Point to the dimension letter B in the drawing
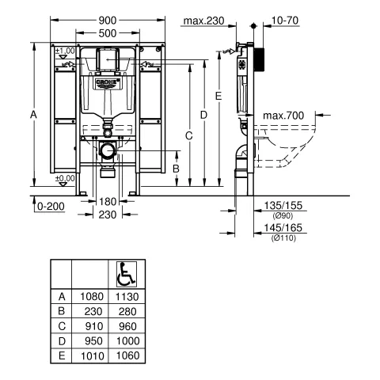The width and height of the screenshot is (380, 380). click(x=176, y=168)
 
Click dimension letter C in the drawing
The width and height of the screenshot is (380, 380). click(x=189, y=136)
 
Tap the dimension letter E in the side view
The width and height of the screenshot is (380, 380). click(x=219, y=95)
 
